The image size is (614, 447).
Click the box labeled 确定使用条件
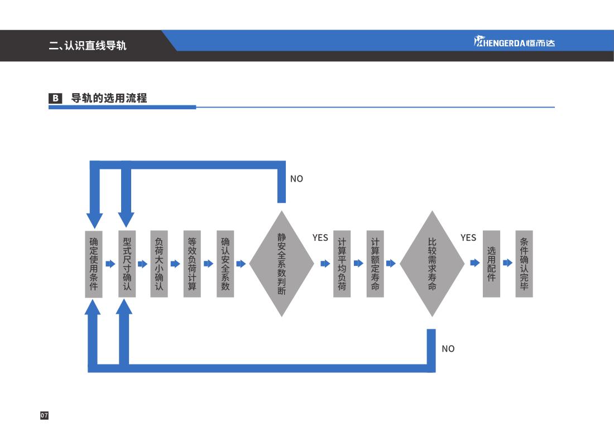click(x=94, y=264)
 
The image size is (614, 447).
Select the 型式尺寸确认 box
click(x=127, y=264)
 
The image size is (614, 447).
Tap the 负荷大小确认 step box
click(x=159, y=264)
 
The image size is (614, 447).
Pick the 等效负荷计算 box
click(x=192, y=264)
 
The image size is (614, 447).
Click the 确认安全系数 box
click(x=226, y=264)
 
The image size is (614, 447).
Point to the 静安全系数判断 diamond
click(x=282, y=264)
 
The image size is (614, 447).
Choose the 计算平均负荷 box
click(x=342, y=264)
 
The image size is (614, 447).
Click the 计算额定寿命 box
click(x=375, y=264)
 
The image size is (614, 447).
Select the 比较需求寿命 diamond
click(x=432, y=264)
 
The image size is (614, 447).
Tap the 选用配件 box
click(x=491, y=264)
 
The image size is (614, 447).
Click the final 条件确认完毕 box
click(x=524, y=264)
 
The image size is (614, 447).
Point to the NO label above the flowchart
click(x=296, y=179)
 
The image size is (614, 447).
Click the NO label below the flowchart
click(x=448, y=349)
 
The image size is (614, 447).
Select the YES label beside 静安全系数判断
click(x=320, y=238)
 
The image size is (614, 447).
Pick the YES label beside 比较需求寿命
click(x=468, y=238)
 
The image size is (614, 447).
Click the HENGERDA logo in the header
click(x=514, y=42)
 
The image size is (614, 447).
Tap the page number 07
click(x=44, y=415)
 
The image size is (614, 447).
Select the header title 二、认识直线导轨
click(x=88, y=45)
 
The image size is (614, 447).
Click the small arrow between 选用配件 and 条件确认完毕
click(x=507, y=263)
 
